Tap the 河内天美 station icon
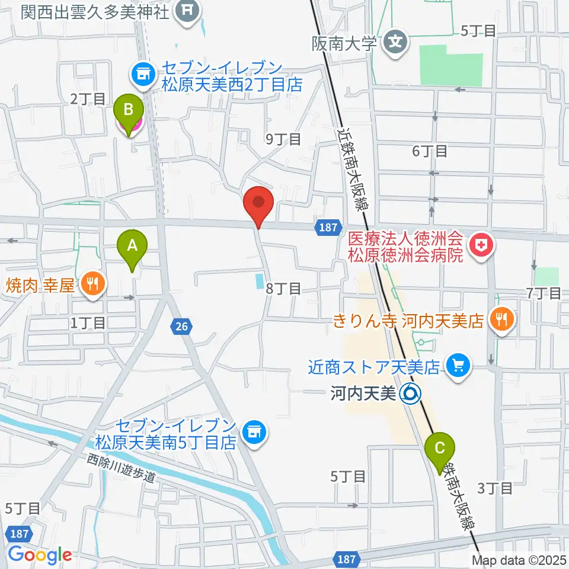click(x=410, y=392)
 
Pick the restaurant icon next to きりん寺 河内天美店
click(x=501, y=321)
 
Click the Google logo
click(x=40, y=554)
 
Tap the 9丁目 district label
click(x=283, y=139)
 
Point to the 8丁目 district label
click(x=283, y=289)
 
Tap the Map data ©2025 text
click(x=519, y=560)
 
